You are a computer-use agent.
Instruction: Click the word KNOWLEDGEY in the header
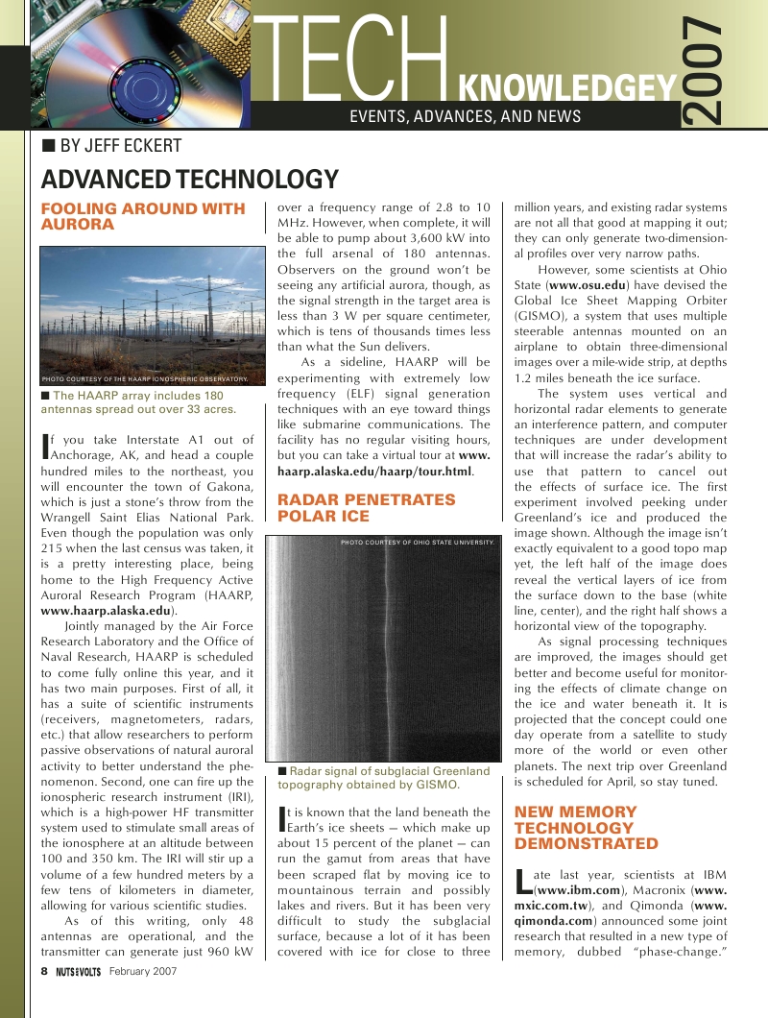(x=567, y=91)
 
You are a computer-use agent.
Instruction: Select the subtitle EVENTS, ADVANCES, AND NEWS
(x=466, y=117)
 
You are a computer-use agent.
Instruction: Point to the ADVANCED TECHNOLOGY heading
(x=189, y=180)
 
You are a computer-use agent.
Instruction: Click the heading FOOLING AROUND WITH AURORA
(x=143, y=216)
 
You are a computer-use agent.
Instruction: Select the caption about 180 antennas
(x=139, y=402)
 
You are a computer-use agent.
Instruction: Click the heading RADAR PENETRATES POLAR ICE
(x=366, y=508)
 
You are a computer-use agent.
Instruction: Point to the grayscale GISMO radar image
(x=383, y=653)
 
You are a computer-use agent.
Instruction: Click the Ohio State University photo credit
(x=418, y=543)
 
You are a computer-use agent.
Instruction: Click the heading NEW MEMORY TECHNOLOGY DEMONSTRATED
(x=587, y=828)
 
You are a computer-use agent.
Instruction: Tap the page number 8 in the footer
(x=44, y=971)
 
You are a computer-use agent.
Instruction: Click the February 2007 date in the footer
(x=143, y=971)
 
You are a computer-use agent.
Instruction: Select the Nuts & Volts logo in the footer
(x=79, y=971)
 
